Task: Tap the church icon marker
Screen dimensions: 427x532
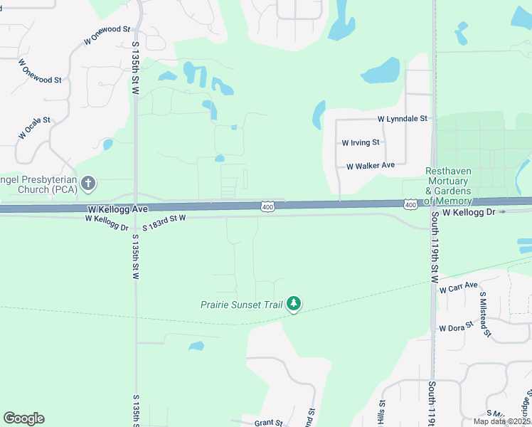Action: click(x=88, y=184)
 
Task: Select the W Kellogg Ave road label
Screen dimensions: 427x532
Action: click(x=117, y=209)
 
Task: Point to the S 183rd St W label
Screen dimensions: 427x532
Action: click(x=164, y=222)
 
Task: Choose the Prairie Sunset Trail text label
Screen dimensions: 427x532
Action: click(x=242, y=305)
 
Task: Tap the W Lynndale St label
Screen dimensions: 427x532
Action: click(x=403, y=119)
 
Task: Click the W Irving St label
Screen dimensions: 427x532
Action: click(x=361, y=142)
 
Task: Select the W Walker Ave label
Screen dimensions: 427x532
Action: click(x=371, y=165)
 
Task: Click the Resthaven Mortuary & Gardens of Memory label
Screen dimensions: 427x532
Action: click(x=448, y=186)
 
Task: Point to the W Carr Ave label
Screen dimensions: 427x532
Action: click(x=458, y=288)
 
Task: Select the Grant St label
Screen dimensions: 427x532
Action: click(x=269, y=422)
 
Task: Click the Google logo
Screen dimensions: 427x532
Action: click(x=23, y=418)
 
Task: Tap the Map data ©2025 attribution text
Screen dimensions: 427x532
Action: click(x=501, y=421)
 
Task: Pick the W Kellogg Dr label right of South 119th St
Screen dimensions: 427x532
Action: click(x=470, y=212)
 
